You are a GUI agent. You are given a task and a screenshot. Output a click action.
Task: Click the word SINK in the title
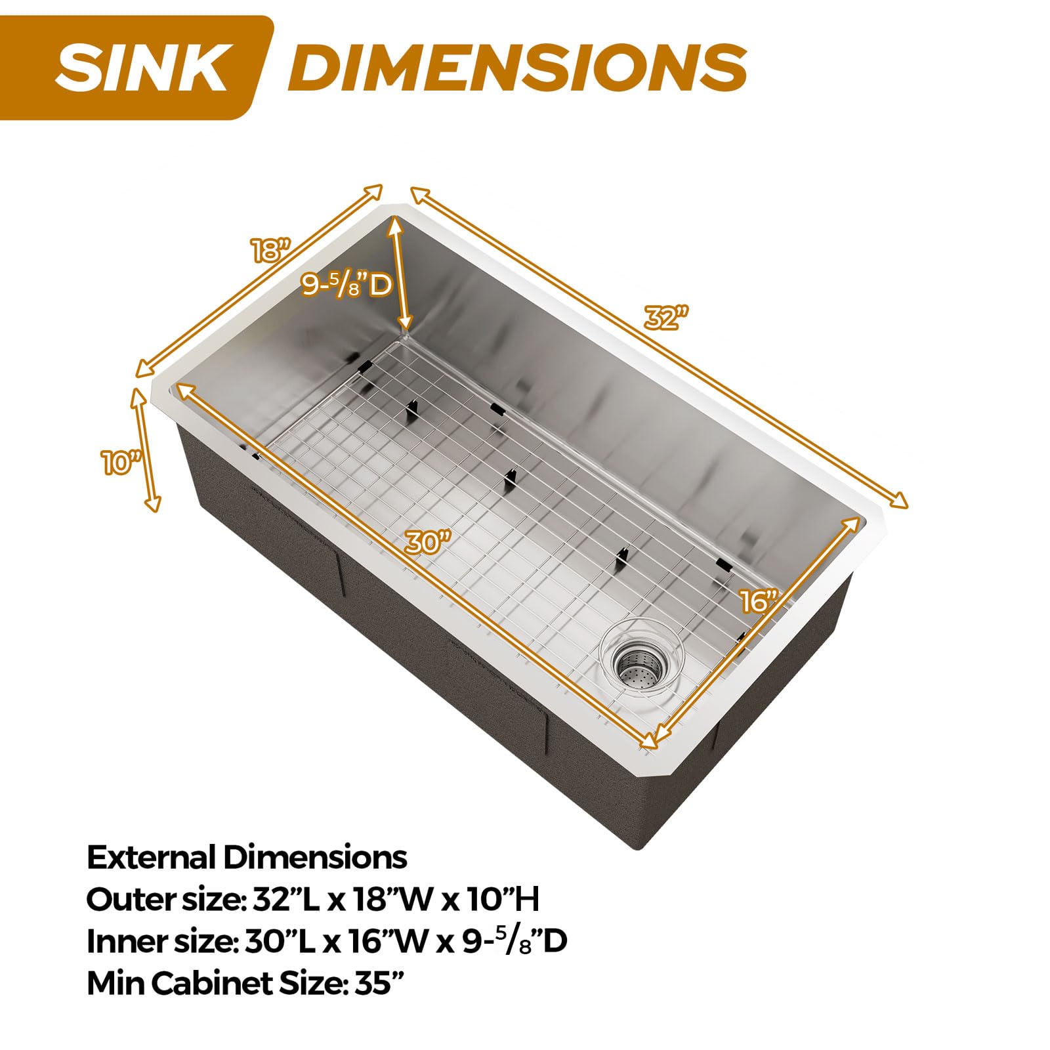(140, 68)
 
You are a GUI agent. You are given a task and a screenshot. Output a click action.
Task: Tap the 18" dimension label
(270, 249)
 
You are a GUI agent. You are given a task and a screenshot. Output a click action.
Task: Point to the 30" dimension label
(428, 542)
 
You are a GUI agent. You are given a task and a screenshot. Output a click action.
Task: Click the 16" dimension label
(759, 601)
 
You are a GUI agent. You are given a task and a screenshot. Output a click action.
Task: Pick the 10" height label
(122, 463)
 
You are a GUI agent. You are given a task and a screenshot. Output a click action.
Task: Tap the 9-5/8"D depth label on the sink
(346, 285)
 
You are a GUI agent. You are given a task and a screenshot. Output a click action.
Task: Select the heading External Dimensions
(247, 857)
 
